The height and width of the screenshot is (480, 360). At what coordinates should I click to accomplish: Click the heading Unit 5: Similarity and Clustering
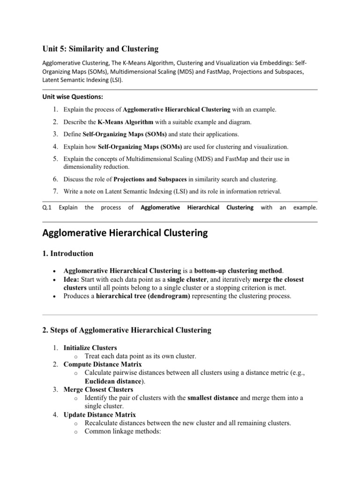(x=100, y=49)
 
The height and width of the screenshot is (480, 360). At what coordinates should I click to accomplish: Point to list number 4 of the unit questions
(x=55, y=147)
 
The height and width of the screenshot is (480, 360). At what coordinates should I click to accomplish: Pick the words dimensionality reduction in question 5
(x=97, y=166)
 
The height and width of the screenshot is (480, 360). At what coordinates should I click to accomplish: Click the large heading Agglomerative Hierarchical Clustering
(x=125, y=233)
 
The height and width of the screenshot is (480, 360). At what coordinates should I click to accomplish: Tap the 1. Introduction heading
(x=67, y=254)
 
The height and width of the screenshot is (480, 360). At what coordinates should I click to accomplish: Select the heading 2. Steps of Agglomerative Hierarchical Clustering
(x=127, y=330)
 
